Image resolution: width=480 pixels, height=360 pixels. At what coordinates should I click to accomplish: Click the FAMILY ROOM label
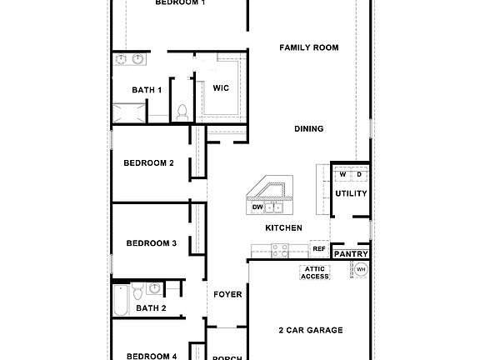pyautogui.click(x=309, y=48)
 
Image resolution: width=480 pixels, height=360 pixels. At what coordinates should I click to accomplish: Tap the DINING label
pyautogui.click(x=309, y=128)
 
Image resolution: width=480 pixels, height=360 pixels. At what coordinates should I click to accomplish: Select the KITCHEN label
pyautogui.click(x=283, y=227)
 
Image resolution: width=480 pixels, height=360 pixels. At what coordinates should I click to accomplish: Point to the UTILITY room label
pyautogui.click(x=351, y=193)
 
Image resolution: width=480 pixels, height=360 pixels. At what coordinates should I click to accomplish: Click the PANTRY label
pyautogui.click(x=351, y=253)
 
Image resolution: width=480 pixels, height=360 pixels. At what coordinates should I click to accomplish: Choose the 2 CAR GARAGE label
pyautogui.click(x=310, y=330)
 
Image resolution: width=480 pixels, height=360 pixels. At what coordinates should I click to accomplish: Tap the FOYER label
pyautogui.click(x=227, y=294)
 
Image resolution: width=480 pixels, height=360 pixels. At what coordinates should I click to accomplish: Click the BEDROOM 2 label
pyautogui.click(x=148, y=162)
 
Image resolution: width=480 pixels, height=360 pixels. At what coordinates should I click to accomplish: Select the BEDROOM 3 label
pyautogui.click(x=151, y=243)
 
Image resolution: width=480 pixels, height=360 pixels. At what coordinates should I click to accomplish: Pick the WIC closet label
pyautogui.click(x=221, y=87)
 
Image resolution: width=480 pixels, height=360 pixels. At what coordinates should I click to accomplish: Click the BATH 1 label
pyautogui.click(x=147, y=89)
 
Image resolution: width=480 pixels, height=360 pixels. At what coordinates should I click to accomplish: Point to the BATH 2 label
pyautogui.click(x=152, y=307)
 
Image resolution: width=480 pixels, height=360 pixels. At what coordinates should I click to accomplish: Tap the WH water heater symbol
pyautogui.click(x=361, y=269)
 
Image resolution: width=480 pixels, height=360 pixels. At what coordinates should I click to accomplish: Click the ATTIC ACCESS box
pyautogui.click(x=315, y=272)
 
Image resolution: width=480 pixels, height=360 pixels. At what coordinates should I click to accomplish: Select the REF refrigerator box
pyautogui.click(x=318, y=248)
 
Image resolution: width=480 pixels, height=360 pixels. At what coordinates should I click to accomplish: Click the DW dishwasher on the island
pyautogui.click(x=258, y=207)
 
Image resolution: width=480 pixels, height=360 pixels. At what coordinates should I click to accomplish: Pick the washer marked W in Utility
pyautogui.click(x=342, y=174)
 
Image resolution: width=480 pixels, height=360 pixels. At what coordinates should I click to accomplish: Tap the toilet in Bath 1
pyautogui.click(x=182, y=110)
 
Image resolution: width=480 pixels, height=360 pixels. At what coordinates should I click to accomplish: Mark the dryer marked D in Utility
pyautogui.click(x=359, y=174)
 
